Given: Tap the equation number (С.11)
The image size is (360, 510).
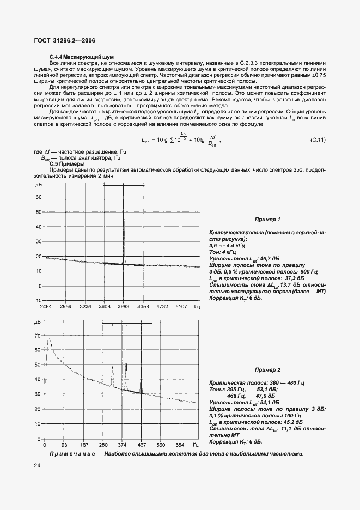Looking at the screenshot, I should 318,140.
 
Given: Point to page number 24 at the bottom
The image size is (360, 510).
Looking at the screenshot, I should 36,465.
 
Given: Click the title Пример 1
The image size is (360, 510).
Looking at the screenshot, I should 267,220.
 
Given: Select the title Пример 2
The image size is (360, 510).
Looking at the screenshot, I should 267,369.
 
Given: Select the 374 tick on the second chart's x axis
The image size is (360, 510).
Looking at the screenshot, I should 123,445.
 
